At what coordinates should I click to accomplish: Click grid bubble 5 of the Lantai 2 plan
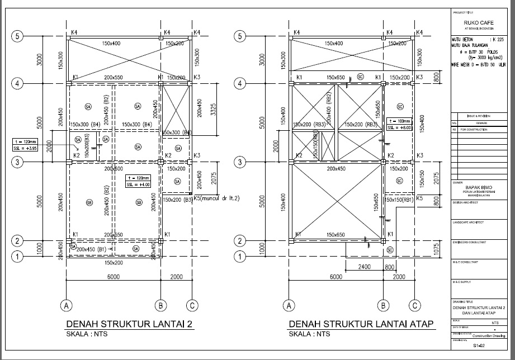[18, 36]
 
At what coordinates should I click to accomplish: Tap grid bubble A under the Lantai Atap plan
[289, 305]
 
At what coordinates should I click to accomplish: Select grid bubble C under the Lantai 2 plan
[192, 305]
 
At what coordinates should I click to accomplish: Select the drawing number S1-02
[479, 347]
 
